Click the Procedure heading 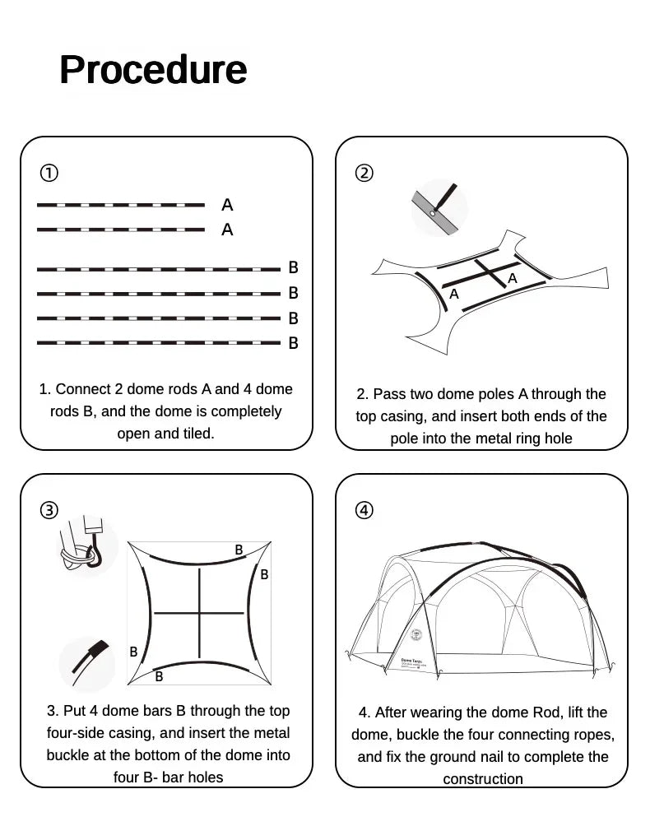click(x=153, y=70)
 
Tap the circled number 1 click(x=49, y=173)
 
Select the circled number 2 click(x=364, y=173)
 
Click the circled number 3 click(x=49, y=510)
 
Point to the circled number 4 click(x=364, y=510)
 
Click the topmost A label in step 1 click(x=227, y=205)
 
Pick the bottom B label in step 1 click(x=294, y=344)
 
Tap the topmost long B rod click(x=159, y=269)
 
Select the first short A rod click(x=120, y=205)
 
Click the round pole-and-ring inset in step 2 click(x=439, y=208)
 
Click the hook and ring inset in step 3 click(x=86, y=545)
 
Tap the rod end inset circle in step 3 click(x=87, y=664)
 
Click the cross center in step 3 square click(x=199, y=612)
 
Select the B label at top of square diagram click(x=239, y=550)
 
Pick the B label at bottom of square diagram click(x=159, y=676)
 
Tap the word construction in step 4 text click(x=483, y=779)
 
